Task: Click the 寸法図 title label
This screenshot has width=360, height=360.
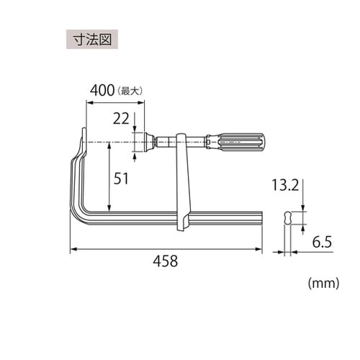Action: pyautogui.click(x=92, y=40)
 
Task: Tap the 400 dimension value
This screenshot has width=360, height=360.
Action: pyautogui.click(x=102, y=91)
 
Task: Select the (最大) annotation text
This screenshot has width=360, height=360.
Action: pyautogui.click(x=130, y=91)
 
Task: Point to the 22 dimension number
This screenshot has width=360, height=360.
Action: pyautogui.click(x=121, y=119)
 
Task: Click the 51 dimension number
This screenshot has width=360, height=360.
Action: pyautogui.click(x=121, y=179)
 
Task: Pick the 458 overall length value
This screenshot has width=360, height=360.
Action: pyautogui.click(x=166, y=261)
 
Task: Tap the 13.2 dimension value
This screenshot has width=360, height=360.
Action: pyautogui.click(x=285, y=185)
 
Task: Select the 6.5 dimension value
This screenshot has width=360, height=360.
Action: pyautogui.click(x=322, y=242)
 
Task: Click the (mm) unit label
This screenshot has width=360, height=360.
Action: pyautogui.click(x=324, y=284)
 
